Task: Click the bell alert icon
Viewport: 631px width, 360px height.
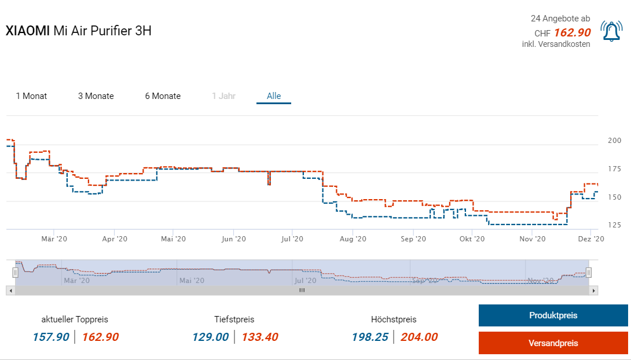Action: tap(611, 31)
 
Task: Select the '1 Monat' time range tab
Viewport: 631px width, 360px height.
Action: tap(32, 96)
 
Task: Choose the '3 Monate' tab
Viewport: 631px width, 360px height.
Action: tap(96, 96)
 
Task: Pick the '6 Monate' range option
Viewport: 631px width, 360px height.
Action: tap(163, 96)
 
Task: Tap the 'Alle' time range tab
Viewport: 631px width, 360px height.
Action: tap(274, 96)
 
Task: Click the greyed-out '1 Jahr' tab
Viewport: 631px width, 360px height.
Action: tap(223, 96)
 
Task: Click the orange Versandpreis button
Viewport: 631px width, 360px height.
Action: tap(553, 343)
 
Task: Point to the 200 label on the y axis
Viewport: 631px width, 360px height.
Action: tap(614, 141)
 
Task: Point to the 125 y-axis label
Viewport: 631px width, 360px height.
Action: tap(614, 225)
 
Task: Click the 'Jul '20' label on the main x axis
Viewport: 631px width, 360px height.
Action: tap(293, 238)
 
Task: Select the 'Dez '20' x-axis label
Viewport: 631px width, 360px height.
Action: tap(591, 238)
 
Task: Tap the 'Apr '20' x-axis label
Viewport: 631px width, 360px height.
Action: tap(114, 238)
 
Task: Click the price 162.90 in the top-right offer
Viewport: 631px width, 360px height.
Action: tap(572, 32)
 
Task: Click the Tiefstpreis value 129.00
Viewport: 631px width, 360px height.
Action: tap(211, 337)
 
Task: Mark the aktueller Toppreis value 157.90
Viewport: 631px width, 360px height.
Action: tap(51, 337)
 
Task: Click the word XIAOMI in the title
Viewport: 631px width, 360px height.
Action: tap(28, 31)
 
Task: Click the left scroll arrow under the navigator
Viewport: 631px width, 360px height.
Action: tap(10, 290)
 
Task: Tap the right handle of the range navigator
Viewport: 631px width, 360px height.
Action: tap(588, 272)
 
